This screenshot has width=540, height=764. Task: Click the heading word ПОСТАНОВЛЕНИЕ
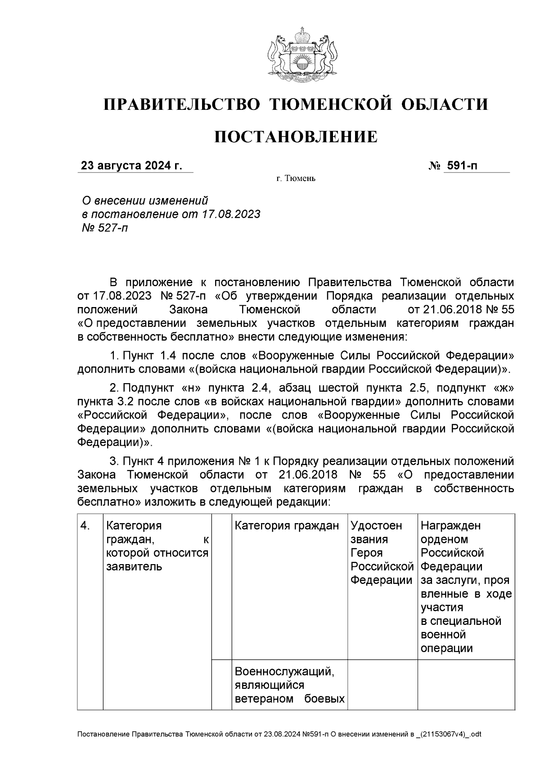point(296,137)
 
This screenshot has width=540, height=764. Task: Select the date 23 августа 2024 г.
point(131,166)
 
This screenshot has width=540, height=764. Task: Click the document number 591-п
point(461,166)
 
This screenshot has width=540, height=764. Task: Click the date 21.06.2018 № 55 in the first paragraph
point(460,310)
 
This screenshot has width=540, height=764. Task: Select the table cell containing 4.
point(85,525)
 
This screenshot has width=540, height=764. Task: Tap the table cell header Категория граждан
point(287,525)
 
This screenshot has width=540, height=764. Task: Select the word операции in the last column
point(446,648)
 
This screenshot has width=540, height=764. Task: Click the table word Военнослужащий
point(284,672)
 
